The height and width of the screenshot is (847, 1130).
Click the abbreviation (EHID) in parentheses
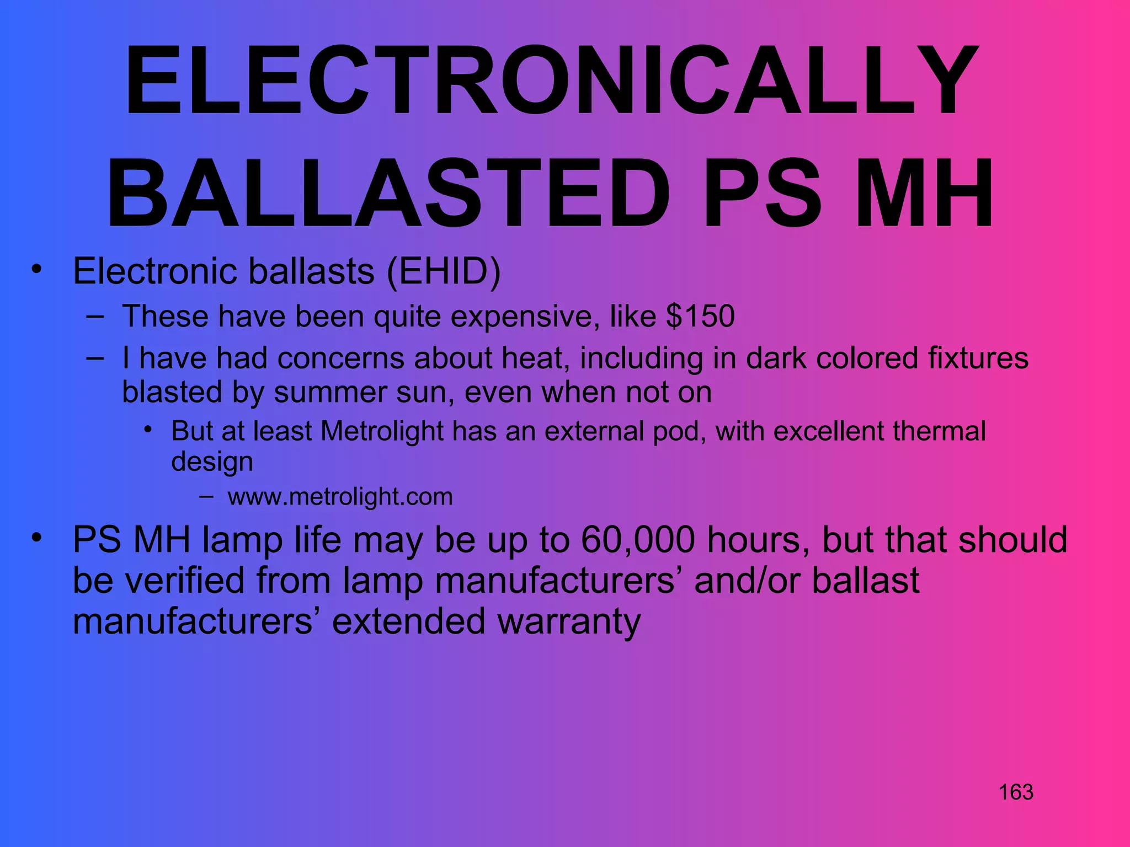click(x=444, y=271)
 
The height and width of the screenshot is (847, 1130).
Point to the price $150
click(x=700, y=317)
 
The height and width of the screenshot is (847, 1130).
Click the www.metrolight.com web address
click(x=340, y=497)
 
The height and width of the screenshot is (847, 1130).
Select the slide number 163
click(x=1016, y=792)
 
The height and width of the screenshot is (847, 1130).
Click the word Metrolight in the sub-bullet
click(x=382, y=431)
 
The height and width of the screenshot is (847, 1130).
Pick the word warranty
click(x=569, y=621)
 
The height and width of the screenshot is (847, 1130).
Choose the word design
click(x=212, y=462)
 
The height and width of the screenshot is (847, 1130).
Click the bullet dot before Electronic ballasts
click(x=36, y=270)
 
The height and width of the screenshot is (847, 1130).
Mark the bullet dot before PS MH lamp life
click(x=36, y=537)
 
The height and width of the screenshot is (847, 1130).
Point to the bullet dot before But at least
click(x=147, y=429)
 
